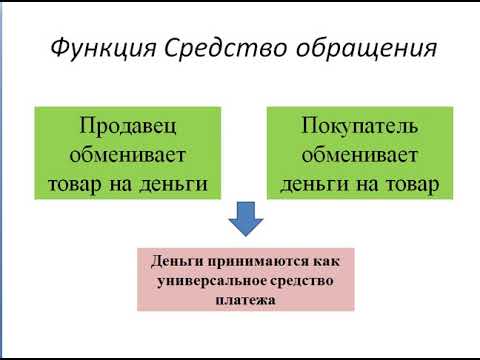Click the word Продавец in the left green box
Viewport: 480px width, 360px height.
127,128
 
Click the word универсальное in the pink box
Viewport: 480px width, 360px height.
212,280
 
